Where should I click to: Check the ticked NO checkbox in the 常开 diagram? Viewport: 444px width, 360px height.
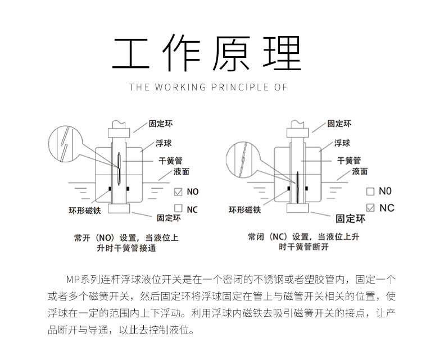178,192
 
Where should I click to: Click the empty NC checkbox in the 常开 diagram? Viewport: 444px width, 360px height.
178,209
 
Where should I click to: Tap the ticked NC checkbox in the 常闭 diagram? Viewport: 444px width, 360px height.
370,208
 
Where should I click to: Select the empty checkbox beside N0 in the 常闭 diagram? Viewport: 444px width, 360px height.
370,192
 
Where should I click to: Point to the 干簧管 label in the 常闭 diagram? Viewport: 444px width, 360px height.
348,160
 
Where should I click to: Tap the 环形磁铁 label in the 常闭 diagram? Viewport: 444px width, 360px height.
244,210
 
